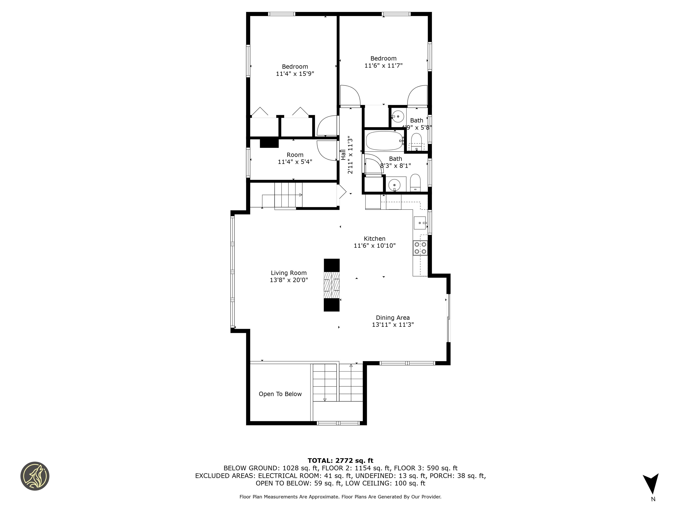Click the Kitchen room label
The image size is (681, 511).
click(374, 239)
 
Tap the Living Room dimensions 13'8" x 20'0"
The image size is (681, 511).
click(289, 280)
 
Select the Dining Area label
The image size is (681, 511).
click(393, 318)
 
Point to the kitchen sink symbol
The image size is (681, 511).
click(420, 223)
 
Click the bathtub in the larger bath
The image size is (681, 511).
click(384, 141)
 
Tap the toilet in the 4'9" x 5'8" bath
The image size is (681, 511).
click(417, 140)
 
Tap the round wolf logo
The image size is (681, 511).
click(35, 476)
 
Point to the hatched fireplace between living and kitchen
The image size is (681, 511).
click(332, 285)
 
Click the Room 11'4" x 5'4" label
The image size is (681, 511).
click(295, 158)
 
